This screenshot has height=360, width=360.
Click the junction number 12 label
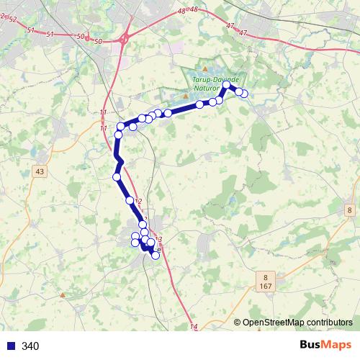[139, 202]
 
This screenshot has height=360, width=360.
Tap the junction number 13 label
[158, 239]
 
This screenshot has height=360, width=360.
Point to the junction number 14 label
[193, 328]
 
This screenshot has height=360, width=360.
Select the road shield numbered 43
[39, 171]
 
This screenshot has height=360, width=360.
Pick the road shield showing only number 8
[348, 208]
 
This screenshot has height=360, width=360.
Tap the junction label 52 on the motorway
[12, 19]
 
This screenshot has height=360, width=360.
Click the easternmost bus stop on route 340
[243, 93]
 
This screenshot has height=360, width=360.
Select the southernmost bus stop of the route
[156, 256]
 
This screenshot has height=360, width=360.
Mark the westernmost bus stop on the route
[116, 176]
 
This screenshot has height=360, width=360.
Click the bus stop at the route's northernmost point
[226, 85]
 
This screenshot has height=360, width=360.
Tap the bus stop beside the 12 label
[130, 201]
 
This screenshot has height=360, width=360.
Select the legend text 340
[30, 346]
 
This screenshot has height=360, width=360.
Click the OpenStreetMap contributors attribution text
[297, 322]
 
